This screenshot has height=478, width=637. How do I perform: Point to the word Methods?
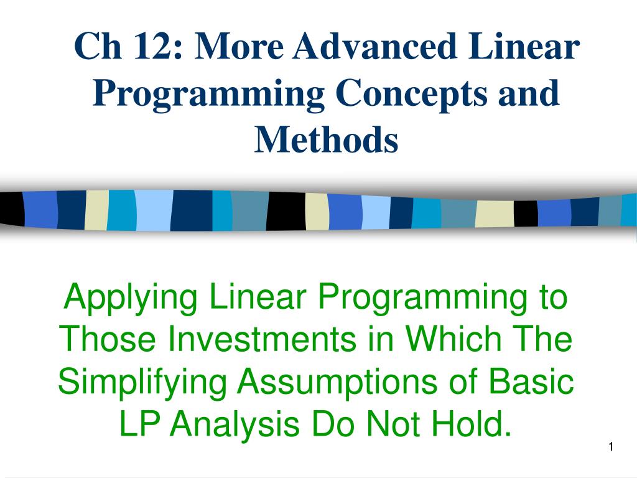click(326, 139)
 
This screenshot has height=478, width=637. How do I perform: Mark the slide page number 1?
click(611, 447)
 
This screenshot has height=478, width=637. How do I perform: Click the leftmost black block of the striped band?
click(12, 209)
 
